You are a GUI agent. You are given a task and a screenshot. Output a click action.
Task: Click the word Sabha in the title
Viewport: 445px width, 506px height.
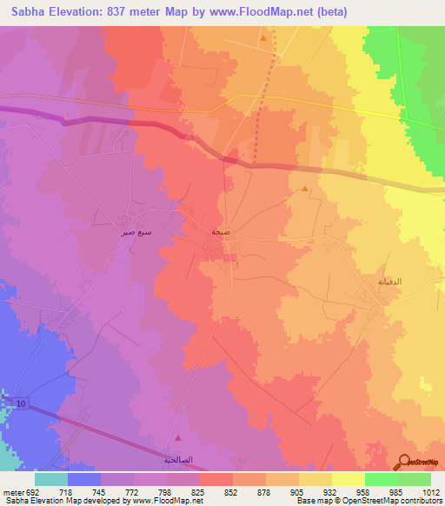25,12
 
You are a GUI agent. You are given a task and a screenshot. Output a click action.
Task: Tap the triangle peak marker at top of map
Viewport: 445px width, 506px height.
262,38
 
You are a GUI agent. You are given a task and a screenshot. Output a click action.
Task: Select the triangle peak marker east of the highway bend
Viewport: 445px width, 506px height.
304,189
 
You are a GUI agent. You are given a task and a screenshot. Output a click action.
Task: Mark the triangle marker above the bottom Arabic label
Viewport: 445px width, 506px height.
179,439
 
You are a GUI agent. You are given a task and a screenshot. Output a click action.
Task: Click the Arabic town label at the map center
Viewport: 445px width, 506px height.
222,233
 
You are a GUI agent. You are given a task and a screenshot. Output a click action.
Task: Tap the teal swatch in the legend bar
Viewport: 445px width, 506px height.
51,478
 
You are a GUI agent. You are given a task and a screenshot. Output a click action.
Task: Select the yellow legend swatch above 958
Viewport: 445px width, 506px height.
349,478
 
